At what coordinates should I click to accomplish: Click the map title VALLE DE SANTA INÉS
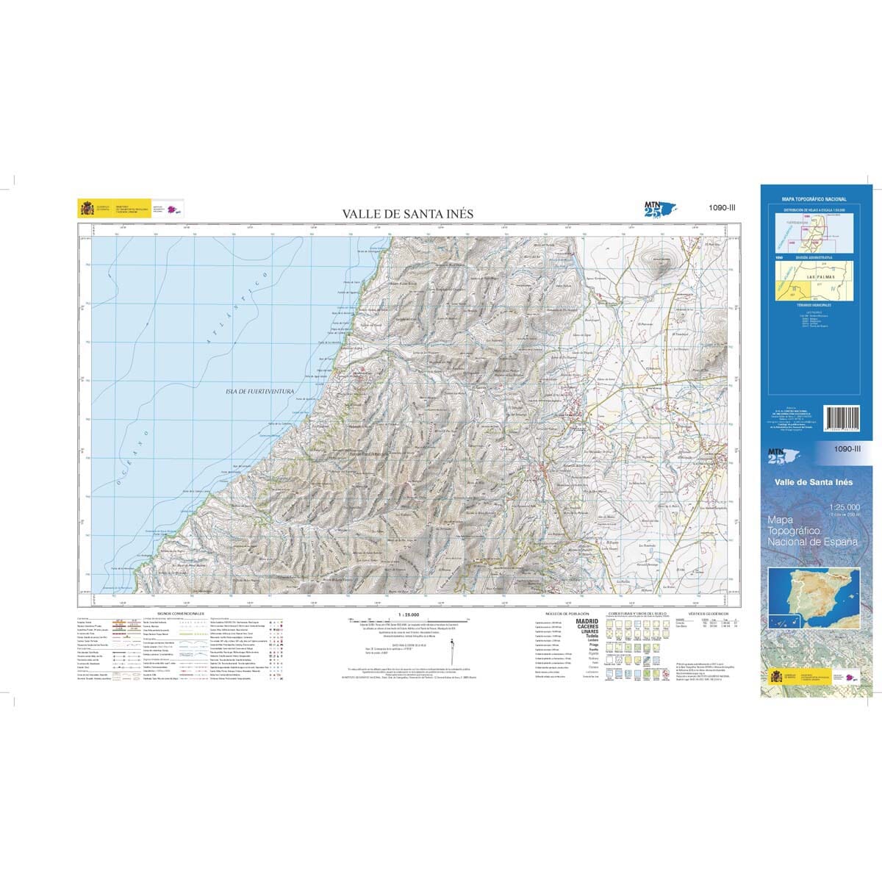tap(407, 214)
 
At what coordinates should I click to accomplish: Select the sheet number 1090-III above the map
tap(721, 208)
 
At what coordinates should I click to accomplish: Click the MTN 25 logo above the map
tap(657, 209)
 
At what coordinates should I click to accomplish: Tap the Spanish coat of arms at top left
tap(87, 209)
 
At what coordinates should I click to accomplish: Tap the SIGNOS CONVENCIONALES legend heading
tap(181, 612)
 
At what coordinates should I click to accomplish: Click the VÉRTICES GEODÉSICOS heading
tap(708, 612)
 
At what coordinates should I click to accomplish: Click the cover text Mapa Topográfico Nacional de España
tap(813, 530)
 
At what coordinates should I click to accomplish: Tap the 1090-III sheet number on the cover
tap(847, 448)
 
